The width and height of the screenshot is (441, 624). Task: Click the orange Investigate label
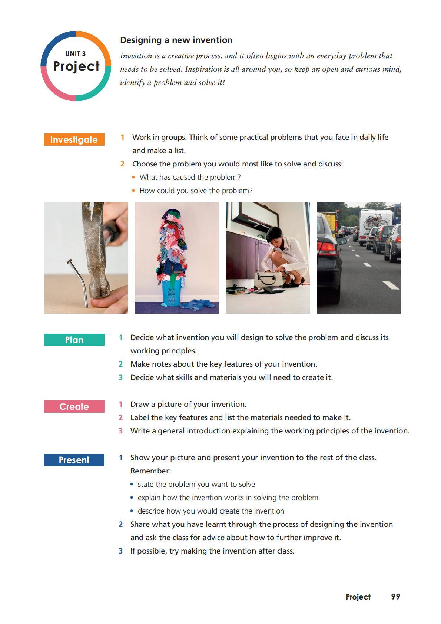point(74,139)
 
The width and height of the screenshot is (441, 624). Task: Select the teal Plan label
point(74,340)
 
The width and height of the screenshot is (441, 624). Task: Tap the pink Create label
point(74,406)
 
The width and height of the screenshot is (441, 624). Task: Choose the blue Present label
point(74,460)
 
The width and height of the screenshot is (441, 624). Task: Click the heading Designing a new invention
point(176,40)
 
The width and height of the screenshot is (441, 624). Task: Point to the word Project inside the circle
point(76,66)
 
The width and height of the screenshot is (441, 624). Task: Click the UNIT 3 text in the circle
point(76,54)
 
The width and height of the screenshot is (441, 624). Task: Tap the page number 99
point(395,597)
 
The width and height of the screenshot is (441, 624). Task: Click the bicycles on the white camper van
point(375,221)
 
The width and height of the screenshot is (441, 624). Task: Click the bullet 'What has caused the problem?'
point(190,177)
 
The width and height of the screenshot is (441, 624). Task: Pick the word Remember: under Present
point(150,471)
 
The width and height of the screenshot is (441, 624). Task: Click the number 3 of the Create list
point(120,431)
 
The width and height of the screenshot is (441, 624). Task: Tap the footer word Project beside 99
point(358,597)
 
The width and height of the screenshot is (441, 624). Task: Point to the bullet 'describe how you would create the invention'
point(211,511)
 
